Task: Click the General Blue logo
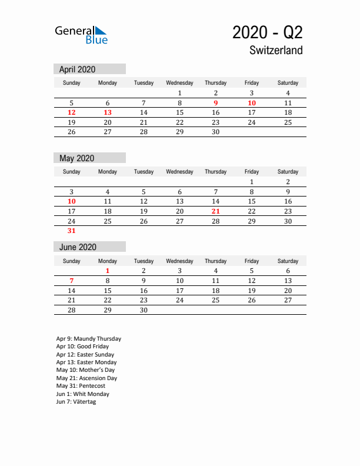(81, 35)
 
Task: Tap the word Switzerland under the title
(276, 51)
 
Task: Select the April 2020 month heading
(77, 69)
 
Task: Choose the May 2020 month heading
(76, 158)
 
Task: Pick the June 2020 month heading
(78, 247)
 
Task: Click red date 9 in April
(216, 102)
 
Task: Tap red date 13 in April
(108, 112)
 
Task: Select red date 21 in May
(216, 211)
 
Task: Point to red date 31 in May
(72, 231)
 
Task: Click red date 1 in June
(108, 271)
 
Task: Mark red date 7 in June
(72, 281)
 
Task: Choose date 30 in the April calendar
(216, 132)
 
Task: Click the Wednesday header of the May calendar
(179, 172)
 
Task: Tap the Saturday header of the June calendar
(288, 261)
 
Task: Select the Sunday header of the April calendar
(72, 83)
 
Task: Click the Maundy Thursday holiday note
(89, 339)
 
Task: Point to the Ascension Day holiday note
(86, 378)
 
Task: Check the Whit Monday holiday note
(83, 394)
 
